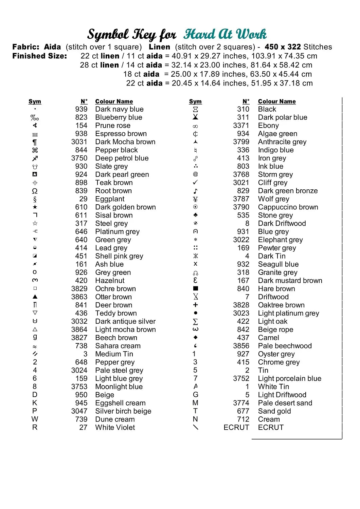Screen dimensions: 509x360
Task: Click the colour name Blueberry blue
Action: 119,117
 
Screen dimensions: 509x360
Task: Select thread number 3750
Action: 79,158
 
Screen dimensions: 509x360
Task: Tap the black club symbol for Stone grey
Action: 195,215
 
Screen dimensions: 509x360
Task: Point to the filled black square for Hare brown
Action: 195,288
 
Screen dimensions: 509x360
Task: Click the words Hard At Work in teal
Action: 225,34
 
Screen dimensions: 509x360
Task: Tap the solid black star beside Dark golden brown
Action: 35,207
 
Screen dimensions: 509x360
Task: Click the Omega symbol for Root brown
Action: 35,191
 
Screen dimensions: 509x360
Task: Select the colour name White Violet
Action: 115,428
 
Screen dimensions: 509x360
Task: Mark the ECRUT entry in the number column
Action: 236,428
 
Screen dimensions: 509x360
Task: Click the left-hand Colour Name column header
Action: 114,101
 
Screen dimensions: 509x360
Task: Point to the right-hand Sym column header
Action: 195,101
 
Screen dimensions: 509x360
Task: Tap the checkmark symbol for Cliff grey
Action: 195,183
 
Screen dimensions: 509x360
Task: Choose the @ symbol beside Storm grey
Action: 195,174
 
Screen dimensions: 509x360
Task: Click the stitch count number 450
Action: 271,47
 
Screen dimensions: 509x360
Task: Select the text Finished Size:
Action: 39,56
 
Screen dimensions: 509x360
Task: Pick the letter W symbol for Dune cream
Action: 35,419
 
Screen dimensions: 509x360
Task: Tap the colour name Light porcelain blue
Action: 289,379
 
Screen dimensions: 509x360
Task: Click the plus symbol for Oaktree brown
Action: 195,305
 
